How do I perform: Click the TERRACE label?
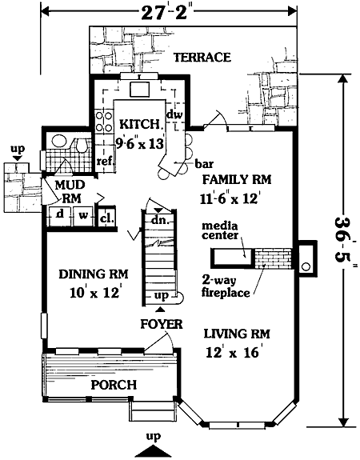[x=202, y=57]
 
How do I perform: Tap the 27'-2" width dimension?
[x=164, y=13]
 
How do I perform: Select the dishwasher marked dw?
[x=175, y=114]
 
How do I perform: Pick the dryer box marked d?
[x=60, y=216]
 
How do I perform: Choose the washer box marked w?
[x=82, y=216]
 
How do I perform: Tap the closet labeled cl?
[x=106, y=218]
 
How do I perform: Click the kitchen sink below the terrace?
[x=140, y=89]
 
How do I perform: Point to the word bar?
[x=204, y=164]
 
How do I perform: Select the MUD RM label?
[x=70, y=191]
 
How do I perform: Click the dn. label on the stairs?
[x=161, y=220]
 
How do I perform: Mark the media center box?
[x=232, y=258]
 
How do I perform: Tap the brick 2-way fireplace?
[x=273, y=258]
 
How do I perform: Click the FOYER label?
[x=162, y=324]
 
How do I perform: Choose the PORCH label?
[x=114, y=385]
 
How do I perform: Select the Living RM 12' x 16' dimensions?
[x=232, y=352]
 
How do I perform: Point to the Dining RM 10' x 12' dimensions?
[x=94, y=293]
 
